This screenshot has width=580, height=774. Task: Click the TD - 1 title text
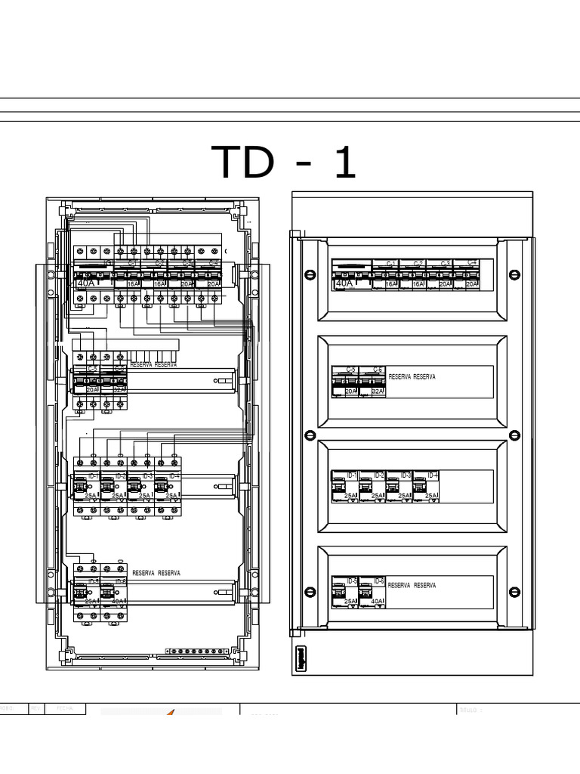285,162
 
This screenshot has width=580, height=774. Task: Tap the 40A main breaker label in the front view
344,283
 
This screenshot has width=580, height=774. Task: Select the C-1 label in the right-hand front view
391,263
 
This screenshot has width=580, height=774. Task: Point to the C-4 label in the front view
471,263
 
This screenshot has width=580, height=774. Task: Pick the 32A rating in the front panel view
377,392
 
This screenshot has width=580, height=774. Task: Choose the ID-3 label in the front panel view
406,475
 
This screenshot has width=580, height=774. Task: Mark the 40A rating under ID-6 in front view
377,602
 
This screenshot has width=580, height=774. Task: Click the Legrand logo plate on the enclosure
299,658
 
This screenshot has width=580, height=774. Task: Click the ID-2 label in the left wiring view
120,476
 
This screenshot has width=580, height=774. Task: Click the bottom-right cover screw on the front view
514,593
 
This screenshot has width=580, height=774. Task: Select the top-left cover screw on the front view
309,274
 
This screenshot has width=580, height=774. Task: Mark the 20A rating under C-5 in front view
350,392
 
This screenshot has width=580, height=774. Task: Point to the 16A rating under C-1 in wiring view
133,284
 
